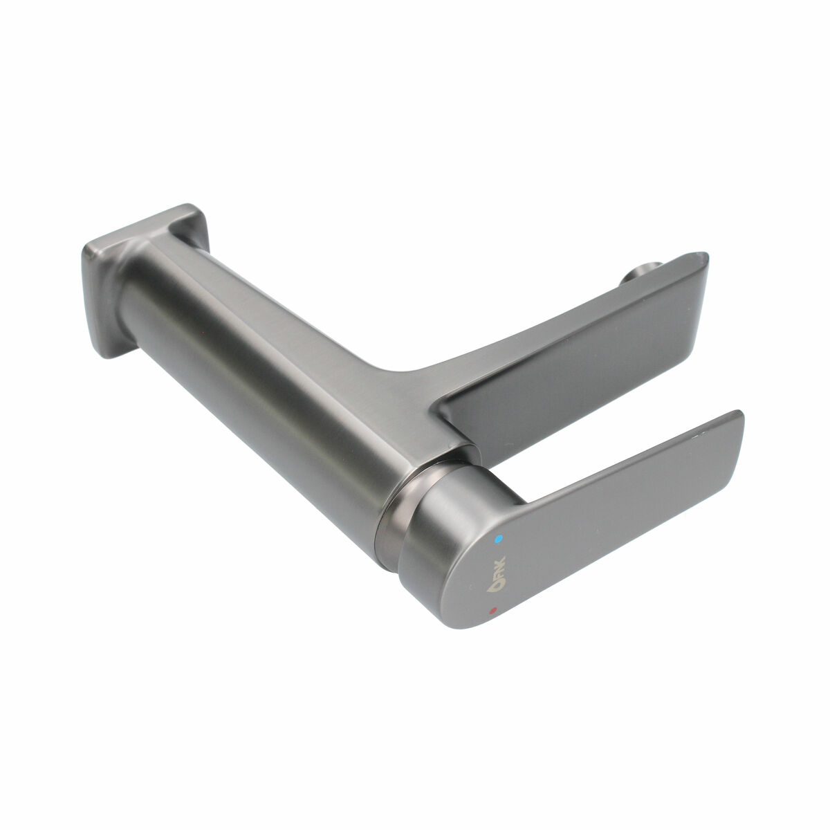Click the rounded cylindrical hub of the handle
(443, 546)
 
